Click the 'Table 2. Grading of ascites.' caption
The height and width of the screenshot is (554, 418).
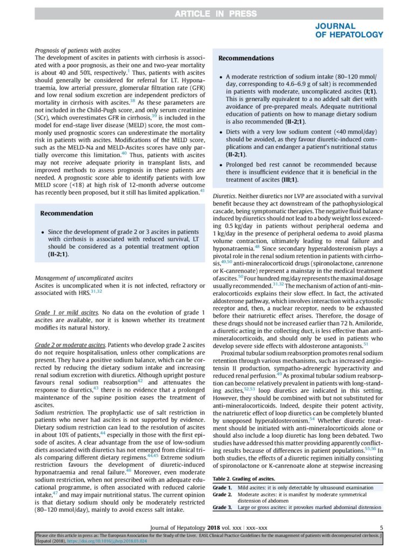[x=244, y=479]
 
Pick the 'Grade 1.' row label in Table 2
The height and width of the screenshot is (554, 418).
[x=223, y=487]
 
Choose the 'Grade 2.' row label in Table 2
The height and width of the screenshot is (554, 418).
[x=223, y=494]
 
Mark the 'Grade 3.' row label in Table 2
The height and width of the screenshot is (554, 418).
[x=223, y=507]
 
